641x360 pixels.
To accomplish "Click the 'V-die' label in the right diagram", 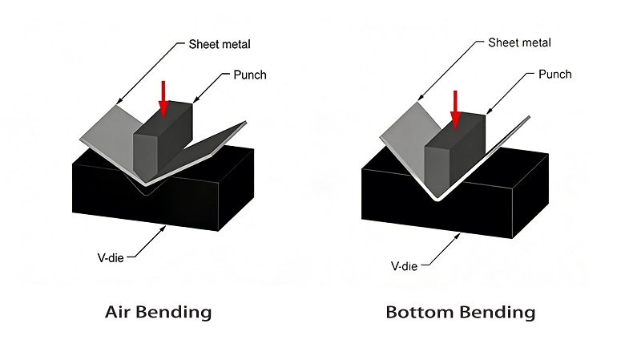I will [405, 264].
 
